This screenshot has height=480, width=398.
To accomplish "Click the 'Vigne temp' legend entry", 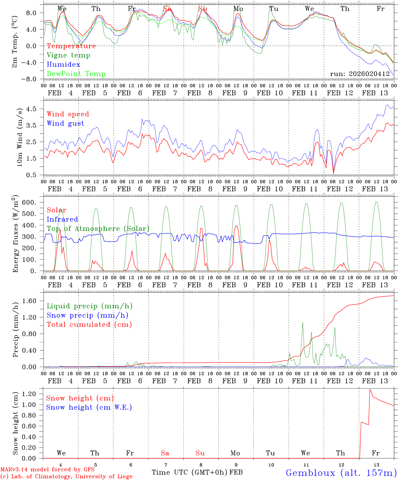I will click(x=68, y=55).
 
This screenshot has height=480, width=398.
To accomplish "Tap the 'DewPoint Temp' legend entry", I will click(x=76, y=74).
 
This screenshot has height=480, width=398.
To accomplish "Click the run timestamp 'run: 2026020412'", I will click(x=360, y=74).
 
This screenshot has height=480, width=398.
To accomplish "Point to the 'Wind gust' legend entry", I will click(x=66, y=123).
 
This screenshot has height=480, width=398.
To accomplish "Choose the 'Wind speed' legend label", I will click(x=68, y=114).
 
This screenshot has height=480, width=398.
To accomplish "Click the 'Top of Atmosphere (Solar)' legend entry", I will click(x=98, y=229).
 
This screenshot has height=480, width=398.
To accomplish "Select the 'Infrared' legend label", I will click(x=62, y=219).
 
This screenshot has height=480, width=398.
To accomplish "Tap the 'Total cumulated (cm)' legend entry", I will click(x=89, y=324).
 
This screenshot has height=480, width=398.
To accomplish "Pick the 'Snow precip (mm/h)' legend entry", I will click(x=88, y=315).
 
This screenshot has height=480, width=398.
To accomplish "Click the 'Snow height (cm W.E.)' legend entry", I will click(x=89, y=407).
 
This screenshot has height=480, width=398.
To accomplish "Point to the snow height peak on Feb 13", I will click(x=370, y=389).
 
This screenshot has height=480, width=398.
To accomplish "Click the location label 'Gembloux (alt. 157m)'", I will click(x=341, y=473).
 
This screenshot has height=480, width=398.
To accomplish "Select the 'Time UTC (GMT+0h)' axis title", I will click(x=190, y=472).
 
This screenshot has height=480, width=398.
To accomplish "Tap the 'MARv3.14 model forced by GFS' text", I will click(x=47, y=470).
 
